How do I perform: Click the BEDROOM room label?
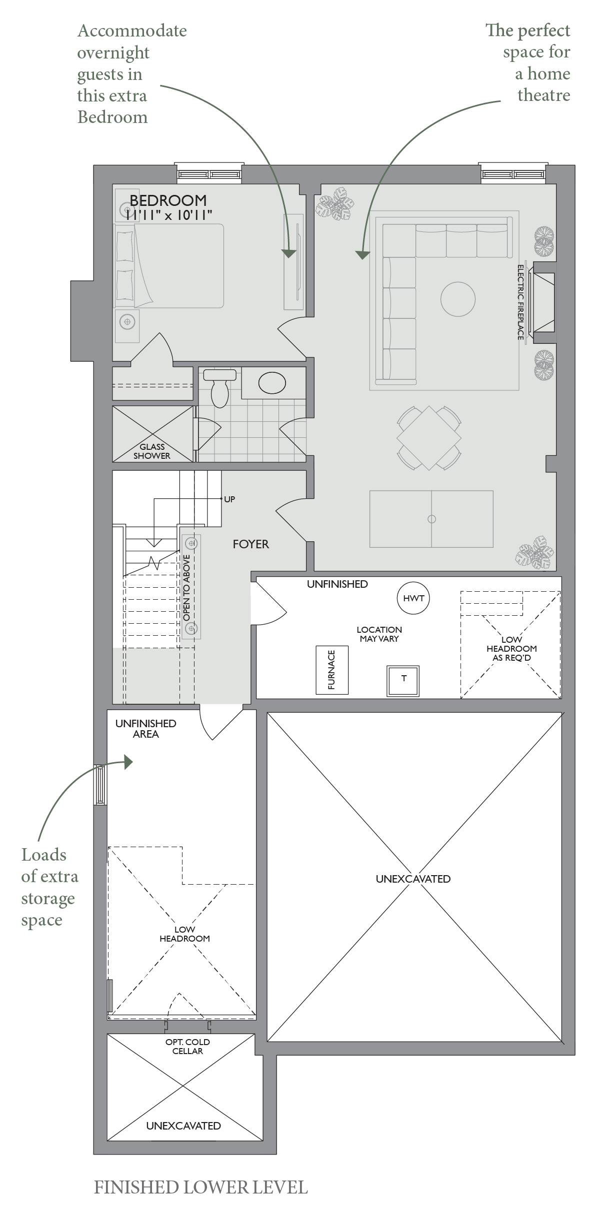click(x=168, y=200)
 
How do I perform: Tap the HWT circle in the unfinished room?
click(x=413, y=598)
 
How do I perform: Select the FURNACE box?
click(x=332, y=670)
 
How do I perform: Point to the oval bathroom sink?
click(x=272, y=383)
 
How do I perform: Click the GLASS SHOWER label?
click(x=152, y=451)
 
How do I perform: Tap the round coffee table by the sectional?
click(x=457, y=299)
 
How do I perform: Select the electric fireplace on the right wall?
click(x=543, y=302)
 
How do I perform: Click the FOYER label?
click(x=250, y=544)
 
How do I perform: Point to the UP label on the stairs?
click(x=229, y=499)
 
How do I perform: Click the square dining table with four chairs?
click(x=429, y=438)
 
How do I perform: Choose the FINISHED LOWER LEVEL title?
click(x=201, y=1188)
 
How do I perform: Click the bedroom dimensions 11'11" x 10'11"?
click(x=169, y=215)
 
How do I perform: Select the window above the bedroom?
click(x=209, y=173)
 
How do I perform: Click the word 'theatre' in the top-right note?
click(x=543, y=95)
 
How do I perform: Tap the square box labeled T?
click(x=403, y=680)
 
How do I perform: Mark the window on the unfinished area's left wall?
click(x=100, y=785)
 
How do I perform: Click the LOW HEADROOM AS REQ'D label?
click(x=511, y=649)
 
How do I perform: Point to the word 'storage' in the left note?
click(x=48, y=899)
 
